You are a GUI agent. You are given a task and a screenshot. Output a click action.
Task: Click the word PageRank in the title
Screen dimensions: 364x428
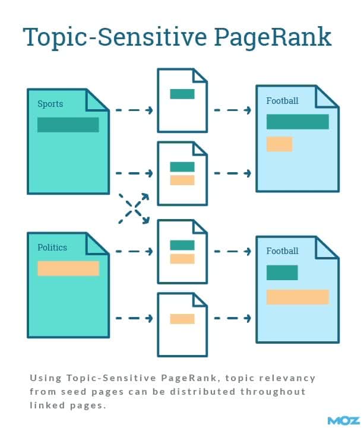(273, 37)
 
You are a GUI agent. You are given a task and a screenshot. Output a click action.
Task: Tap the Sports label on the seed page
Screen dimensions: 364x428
(50, 104)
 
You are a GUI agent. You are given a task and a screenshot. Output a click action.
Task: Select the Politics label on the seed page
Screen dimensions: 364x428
(52, 248)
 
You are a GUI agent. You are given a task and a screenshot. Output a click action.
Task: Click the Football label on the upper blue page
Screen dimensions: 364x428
(283, 101)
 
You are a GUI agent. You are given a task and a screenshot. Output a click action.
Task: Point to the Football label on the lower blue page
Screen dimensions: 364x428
(283, 251)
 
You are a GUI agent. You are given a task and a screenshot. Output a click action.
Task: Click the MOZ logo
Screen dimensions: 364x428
(344, 421)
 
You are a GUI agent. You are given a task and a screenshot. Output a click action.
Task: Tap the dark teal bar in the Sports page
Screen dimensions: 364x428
(68, 125)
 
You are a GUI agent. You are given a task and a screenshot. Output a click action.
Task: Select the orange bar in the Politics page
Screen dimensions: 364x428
(68, 268)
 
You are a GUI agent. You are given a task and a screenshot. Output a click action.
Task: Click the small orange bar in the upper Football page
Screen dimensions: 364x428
(279, 144)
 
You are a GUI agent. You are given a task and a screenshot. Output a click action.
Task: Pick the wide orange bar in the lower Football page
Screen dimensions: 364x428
(298, 297)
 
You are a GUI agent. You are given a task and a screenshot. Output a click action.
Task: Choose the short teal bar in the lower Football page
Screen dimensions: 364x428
(282, 272)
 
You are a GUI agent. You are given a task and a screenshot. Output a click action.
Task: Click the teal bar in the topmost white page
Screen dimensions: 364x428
(182, 94)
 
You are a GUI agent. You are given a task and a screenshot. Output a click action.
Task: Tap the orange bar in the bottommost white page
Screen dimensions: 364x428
(182, 319)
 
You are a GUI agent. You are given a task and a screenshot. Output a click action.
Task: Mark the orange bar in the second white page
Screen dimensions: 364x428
(182, 180)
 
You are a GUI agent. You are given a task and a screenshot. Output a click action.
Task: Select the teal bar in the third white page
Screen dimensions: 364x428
(182, 245)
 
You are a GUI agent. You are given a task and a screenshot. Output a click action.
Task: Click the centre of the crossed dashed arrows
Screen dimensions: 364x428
(134, 209)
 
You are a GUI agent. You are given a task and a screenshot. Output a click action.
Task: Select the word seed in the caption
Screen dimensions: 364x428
(74, 392)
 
